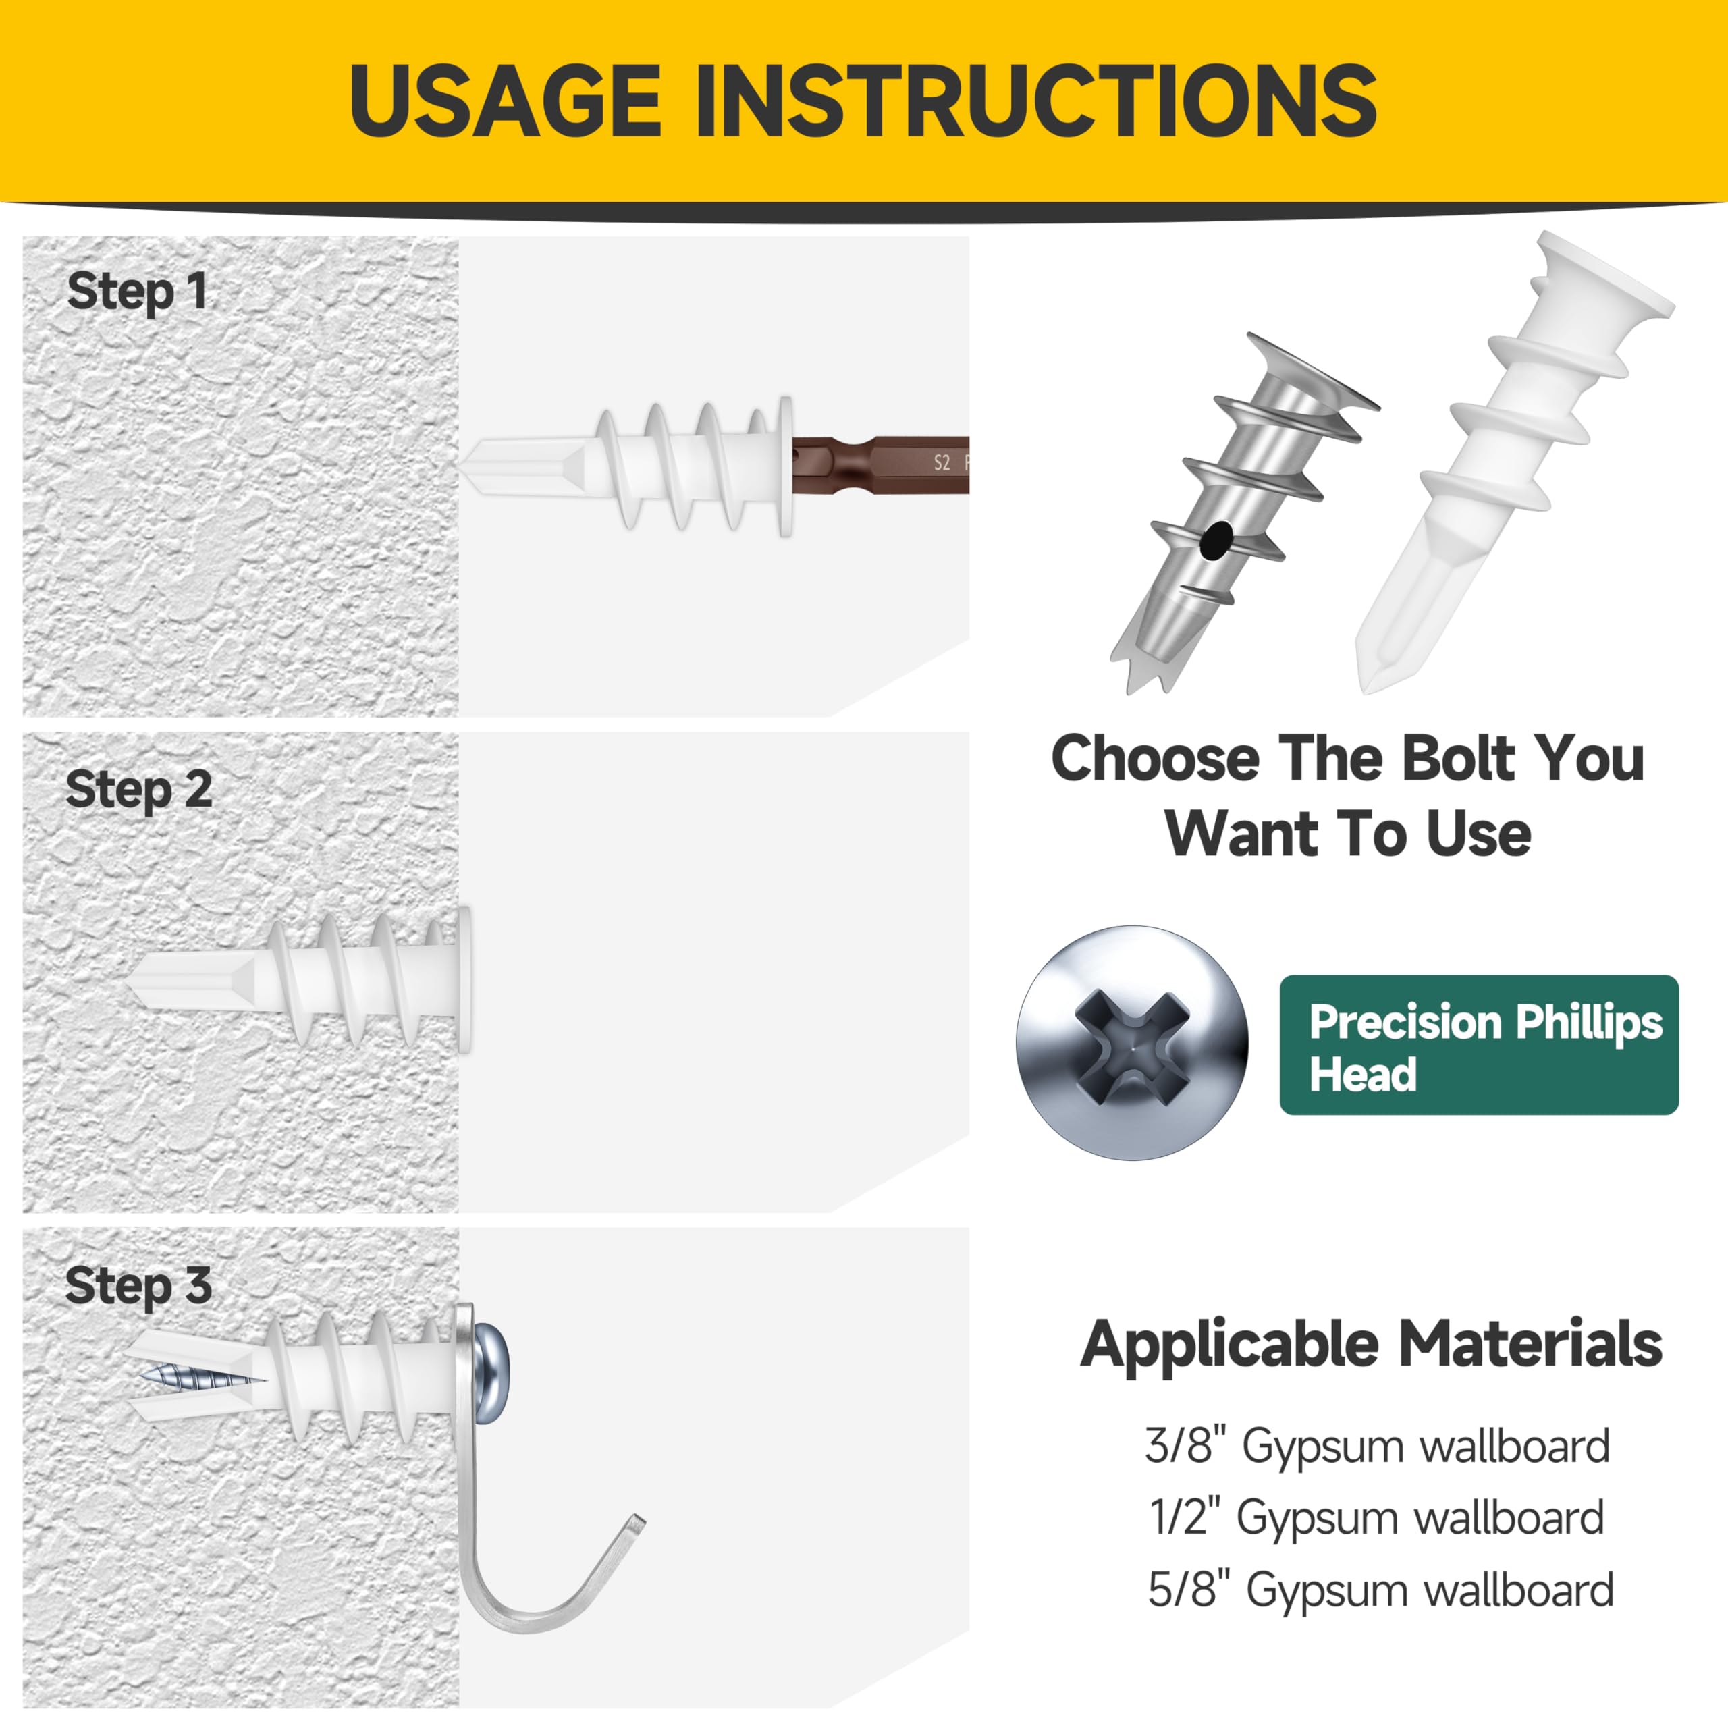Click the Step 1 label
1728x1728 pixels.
pyautogui.click(x=137, y=292)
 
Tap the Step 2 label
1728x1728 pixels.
pyautogui.click(x=138, y=790)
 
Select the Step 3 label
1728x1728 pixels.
pyautogui.click(x=138, y=1286)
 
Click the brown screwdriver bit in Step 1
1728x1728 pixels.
pyautogui.click(x=880, y=465)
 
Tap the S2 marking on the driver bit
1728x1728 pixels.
pyautogui.click(x=941, y=462)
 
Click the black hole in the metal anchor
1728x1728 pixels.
pyautogui.click(x=1216, y=540)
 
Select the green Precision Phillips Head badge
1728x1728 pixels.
pyautogui.click(x=1478, y=1045)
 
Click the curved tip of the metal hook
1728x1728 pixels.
pyautogui.click(x=637, y=1522)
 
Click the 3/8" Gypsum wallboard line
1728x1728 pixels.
pyautogui.click(x=1378, y=1447)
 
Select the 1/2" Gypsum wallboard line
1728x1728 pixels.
pyautogui.click(x=1378, y=1518)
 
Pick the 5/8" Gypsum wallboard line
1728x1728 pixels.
pyautogui.click(x=1381, y=1590)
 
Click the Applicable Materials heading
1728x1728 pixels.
pyautogui.click(x=1371, y=1345)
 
